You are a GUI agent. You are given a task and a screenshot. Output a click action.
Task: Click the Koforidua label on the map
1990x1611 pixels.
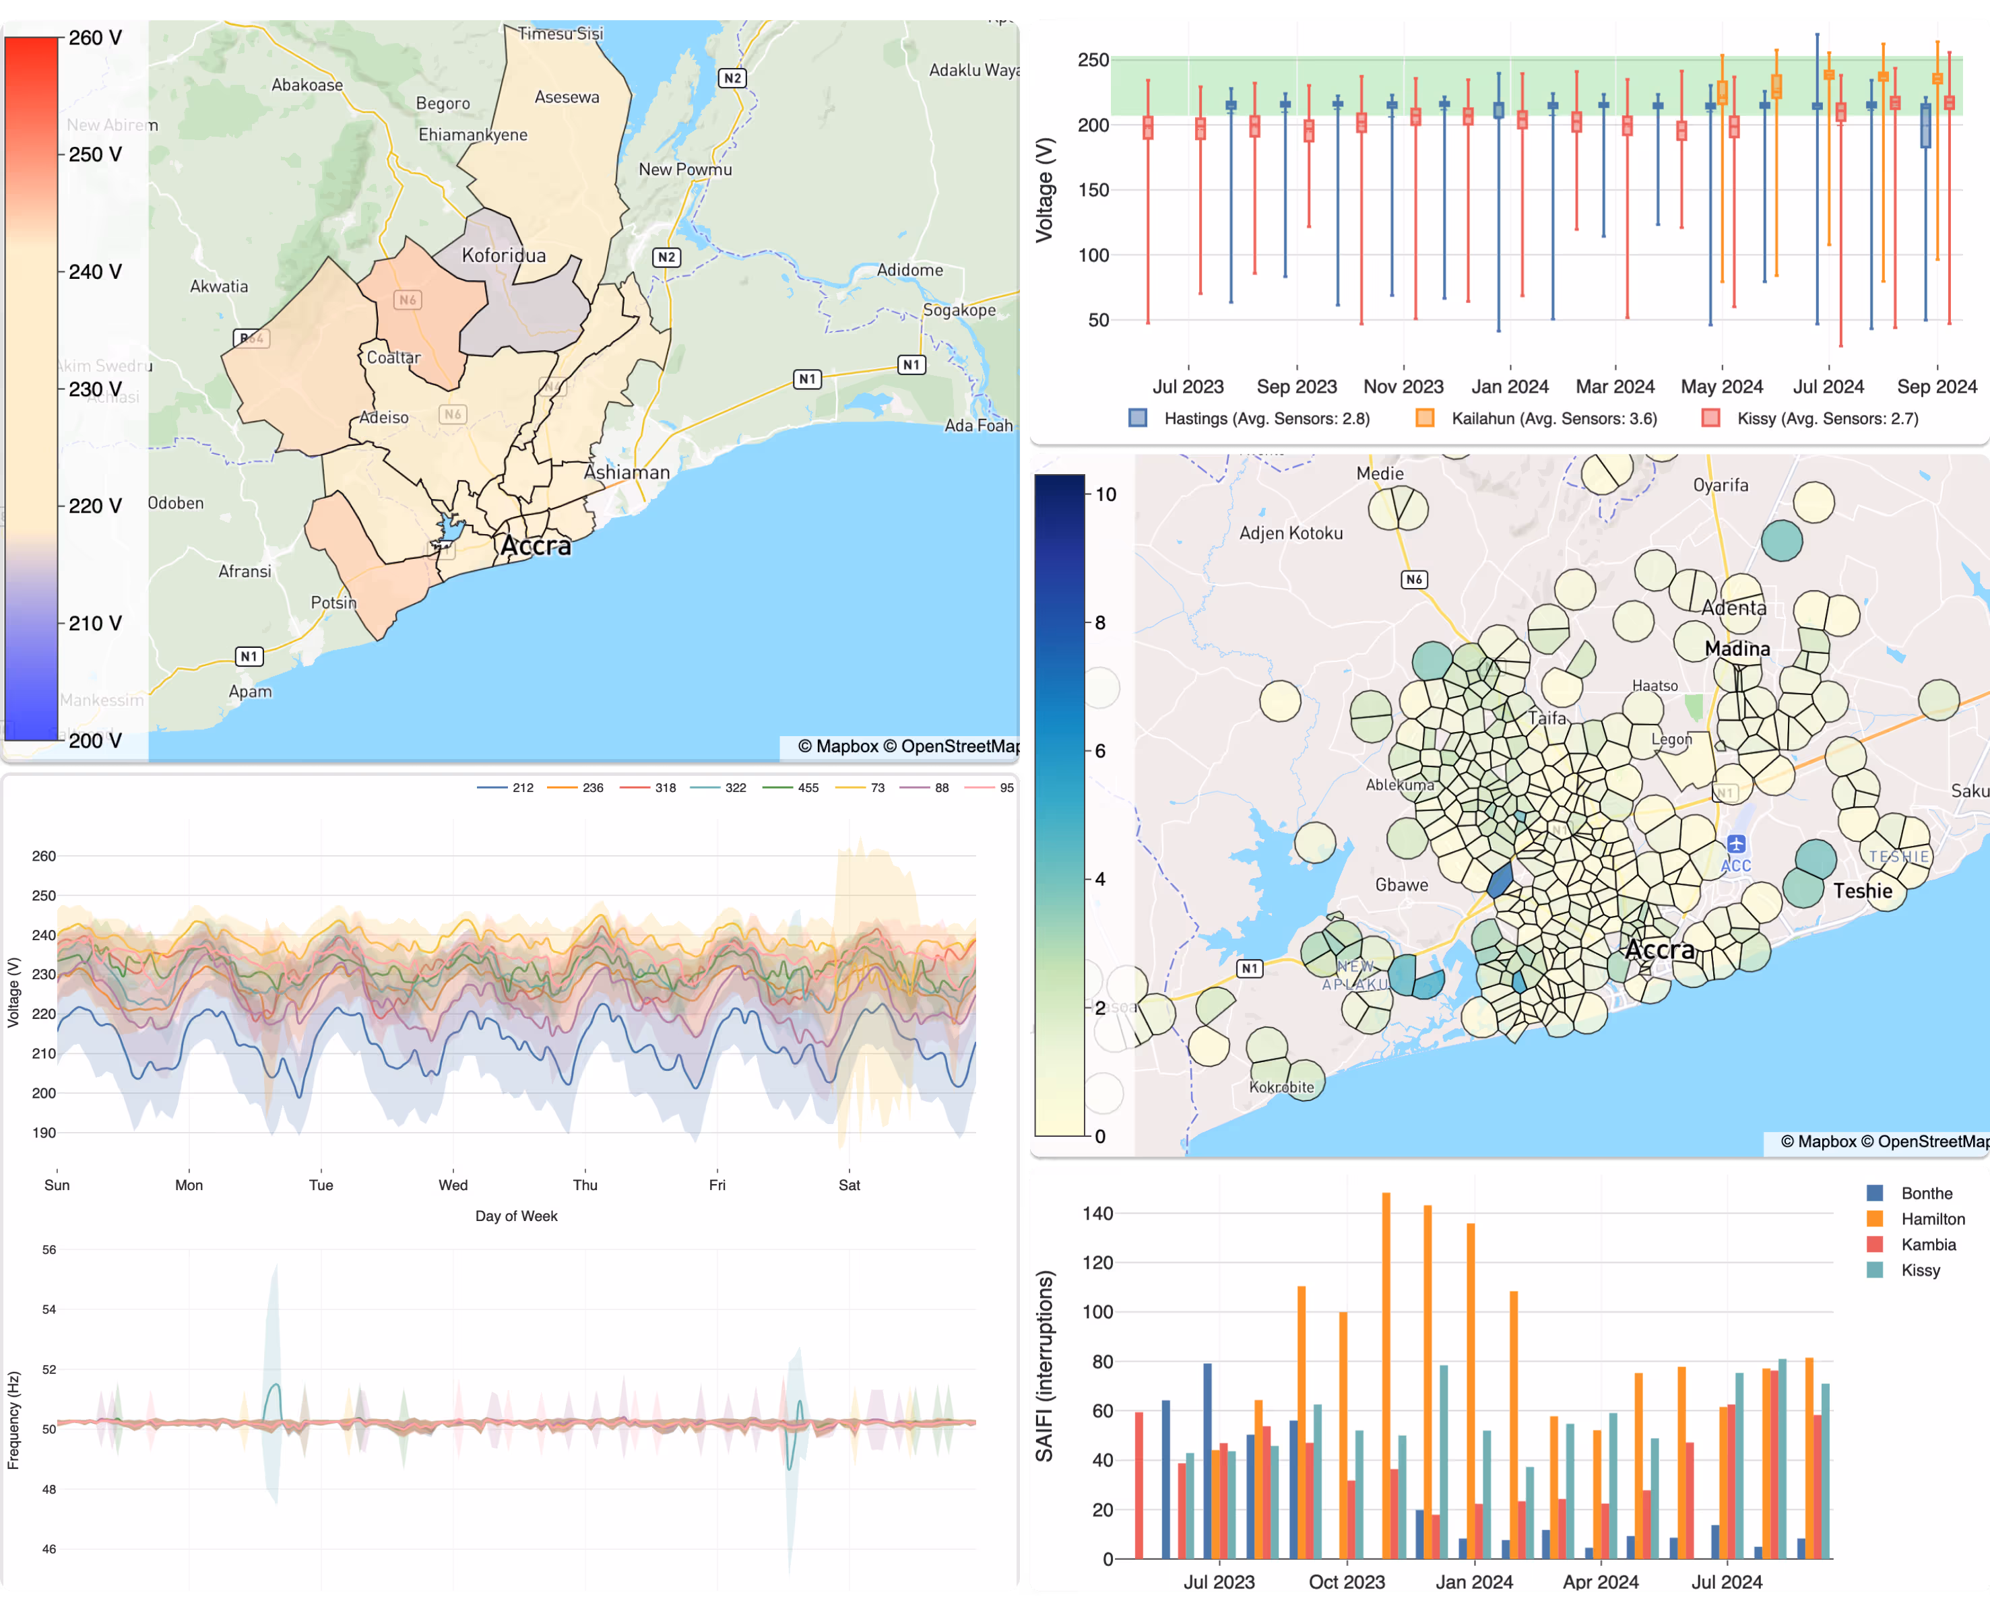pyautogui.click(x=503, y=255)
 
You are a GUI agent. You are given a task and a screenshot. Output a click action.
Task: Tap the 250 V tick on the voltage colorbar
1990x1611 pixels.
pyautogui.click(x=95, y=155)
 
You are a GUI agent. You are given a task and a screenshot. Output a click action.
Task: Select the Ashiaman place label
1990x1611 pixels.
pyautogui.click(x=627, y=472)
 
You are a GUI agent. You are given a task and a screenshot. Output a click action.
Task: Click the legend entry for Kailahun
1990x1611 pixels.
pyautogui.click(x=1553, y=418)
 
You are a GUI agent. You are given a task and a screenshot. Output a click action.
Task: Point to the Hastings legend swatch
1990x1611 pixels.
pyautogui.click(x=1138, y=418)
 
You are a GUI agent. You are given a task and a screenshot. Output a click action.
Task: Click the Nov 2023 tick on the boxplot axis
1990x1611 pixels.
pyautogui.click(x=1403, y=386)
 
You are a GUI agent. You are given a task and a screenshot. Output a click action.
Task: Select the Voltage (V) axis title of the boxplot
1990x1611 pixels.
pyautogui.click(x=1045, y=190)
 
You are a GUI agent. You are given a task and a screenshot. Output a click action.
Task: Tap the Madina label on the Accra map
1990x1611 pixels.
pyautogui.click(x=1737, y=649)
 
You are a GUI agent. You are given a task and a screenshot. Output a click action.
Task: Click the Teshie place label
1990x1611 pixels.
pyautogui.click(x=1862, y=891)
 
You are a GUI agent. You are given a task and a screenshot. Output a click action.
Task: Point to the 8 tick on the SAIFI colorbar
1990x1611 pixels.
pyautogui.click(x=1100, y=623)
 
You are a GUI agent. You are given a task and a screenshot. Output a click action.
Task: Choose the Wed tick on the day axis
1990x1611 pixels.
pyautogui.click(x=453, y=1185)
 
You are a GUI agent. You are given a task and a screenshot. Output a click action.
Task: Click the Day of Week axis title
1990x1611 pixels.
pyautogui.click(x=516, y=1216)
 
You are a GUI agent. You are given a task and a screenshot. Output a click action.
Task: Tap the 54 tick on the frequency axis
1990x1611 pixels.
pyautogui.click(x=49, y=1309)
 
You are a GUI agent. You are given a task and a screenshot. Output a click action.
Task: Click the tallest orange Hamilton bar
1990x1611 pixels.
pyautogui.click(x=1386, y=1373)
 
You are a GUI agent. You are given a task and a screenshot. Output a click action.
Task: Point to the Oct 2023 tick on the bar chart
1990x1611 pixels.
pyautogui.click(x=1346, y=1581)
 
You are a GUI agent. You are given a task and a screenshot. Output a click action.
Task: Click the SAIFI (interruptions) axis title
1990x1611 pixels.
pyautogui.click(x=1045, y=1365)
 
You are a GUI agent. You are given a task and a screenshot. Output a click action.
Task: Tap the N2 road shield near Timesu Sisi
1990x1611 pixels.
pyautogui.click(x=732, y=78)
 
